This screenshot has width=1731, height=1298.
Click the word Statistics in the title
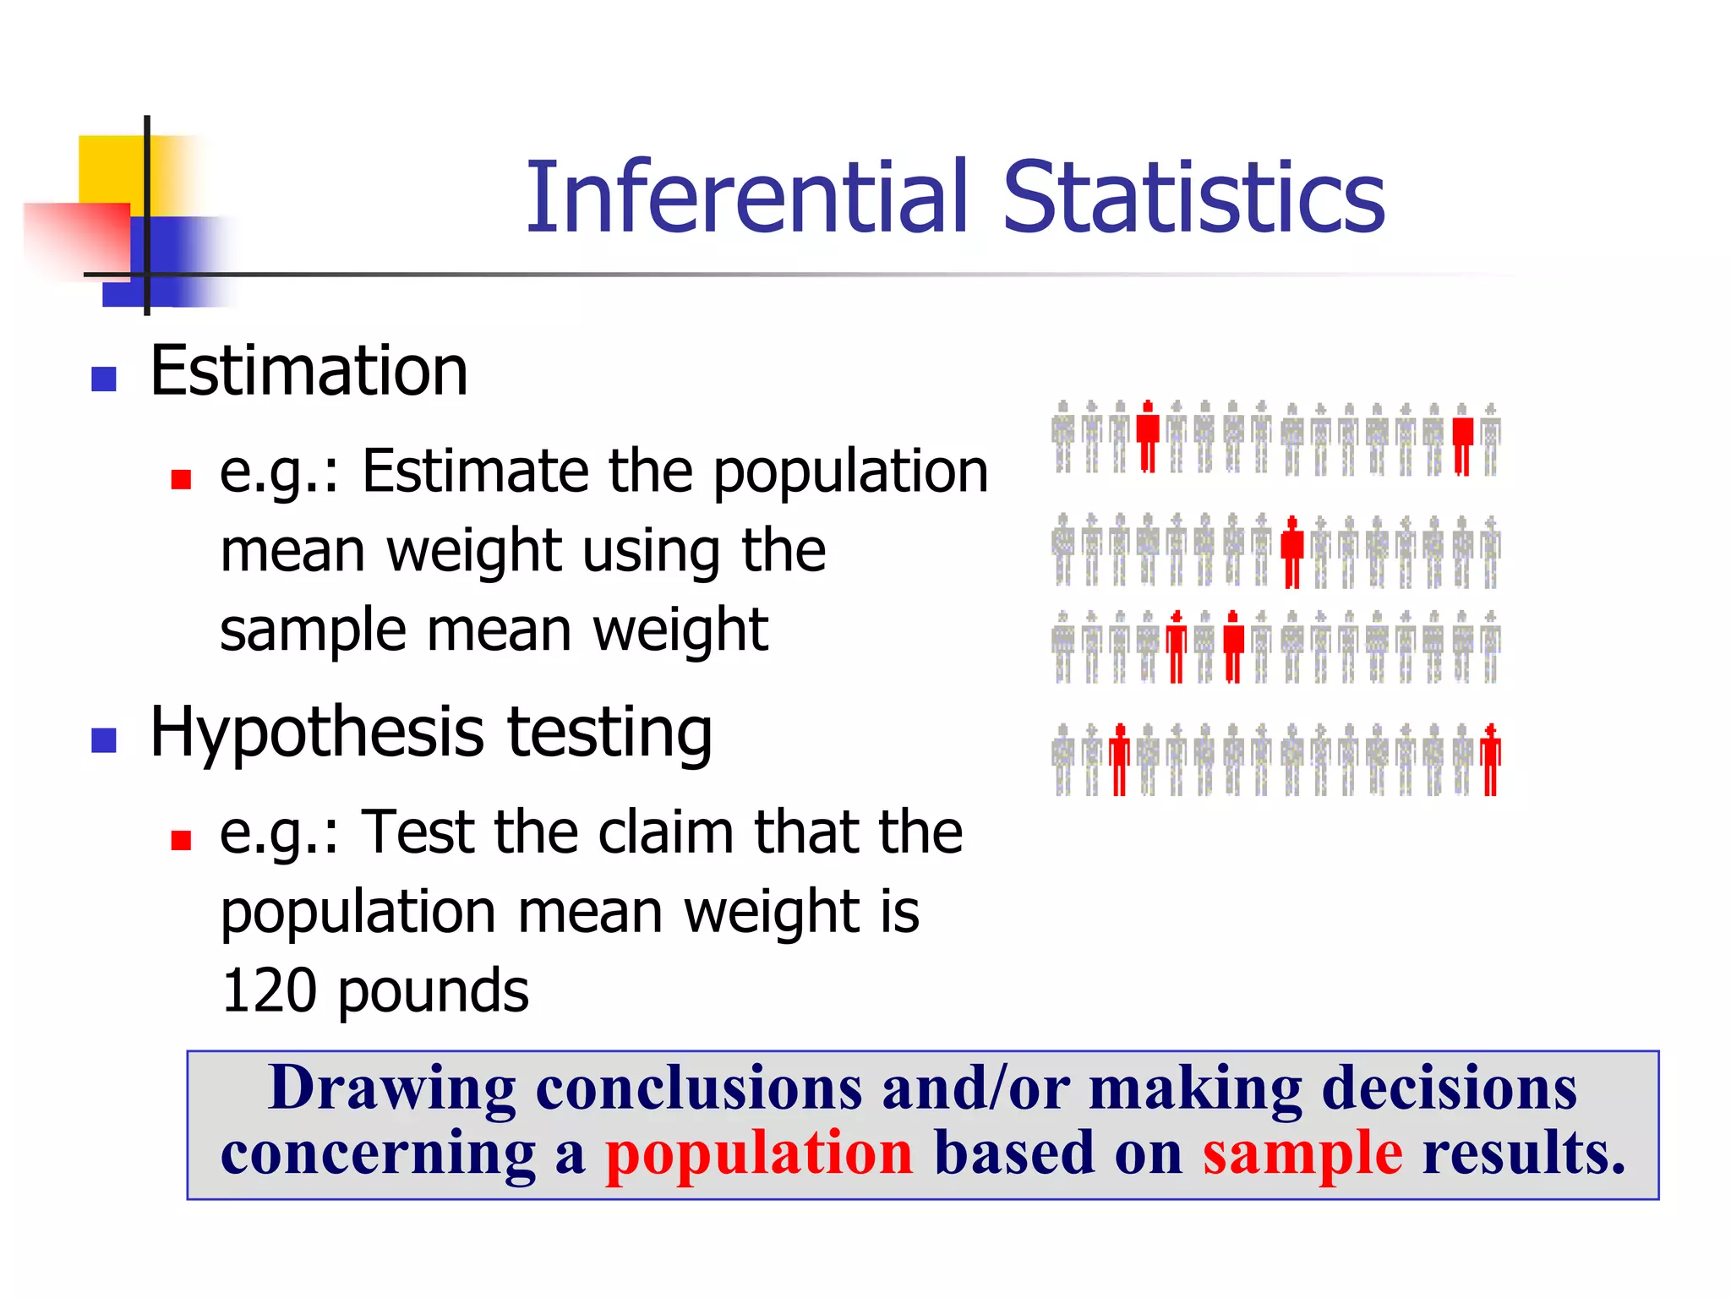point(1193,198)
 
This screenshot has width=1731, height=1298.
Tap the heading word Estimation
point(309,372)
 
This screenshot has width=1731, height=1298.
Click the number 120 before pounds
point(269,990)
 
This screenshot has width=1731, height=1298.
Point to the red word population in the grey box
point(759,1154)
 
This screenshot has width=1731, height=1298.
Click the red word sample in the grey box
point(1302,1154)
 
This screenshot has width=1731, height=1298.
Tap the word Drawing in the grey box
point(391,1088)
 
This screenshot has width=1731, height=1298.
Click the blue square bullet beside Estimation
point(104,379)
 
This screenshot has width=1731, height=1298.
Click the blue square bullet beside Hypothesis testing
point(104,740)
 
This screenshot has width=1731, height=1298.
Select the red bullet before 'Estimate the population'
point(181,480)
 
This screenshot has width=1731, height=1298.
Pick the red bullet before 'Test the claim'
point(181,840)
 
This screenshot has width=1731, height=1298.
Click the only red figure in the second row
point(1291,552)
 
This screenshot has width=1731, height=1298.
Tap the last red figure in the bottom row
point(1491,759)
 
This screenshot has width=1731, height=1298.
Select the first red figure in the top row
point(1147,436)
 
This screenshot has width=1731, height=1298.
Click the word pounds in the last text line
point(434,990)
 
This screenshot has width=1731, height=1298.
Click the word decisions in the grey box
point(1449,1088)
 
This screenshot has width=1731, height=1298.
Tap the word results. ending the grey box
point(1523,1154)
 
